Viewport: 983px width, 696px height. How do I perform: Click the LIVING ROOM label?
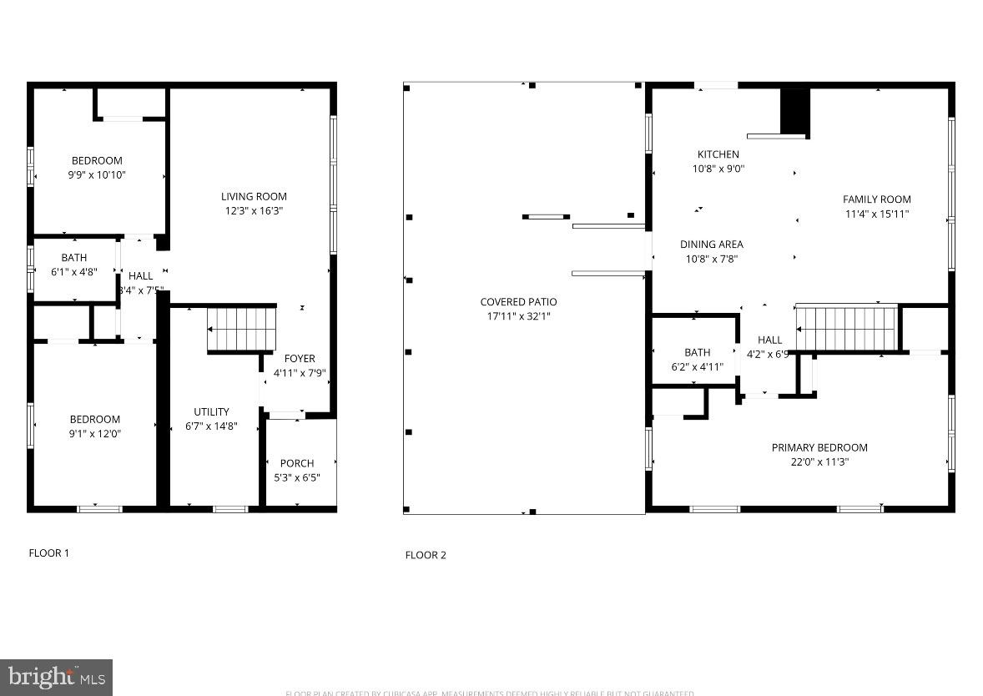pos(254,197)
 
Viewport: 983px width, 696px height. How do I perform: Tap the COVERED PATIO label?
pos(518,302)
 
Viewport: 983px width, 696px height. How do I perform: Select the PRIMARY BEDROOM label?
pos(819,447)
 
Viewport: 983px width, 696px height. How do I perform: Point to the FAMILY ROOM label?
pos(876,199)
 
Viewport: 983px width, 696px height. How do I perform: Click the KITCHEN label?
pos(718,154)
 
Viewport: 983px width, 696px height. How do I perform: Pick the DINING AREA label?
pos(711,245)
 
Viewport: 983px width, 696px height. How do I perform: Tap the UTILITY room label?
pos(211,412)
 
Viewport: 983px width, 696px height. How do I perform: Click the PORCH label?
pos(297,463)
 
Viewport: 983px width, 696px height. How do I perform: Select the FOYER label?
pos(300,359)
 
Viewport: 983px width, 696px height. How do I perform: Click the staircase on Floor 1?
pos(240,329)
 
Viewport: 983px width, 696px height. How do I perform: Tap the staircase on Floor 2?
pos(846,329)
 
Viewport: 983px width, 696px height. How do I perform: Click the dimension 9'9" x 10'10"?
pos(97,175)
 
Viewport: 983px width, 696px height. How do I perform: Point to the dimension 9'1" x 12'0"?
pos(94,433)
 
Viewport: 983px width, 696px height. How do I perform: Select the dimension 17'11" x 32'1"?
pos(518,316)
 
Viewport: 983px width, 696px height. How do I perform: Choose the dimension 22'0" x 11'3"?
pos(819,461)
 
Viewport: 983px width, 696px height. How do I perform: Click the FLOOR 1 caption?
pos(49,552)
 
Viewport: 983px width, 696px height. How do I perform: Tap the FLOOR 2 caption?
pos(426,555)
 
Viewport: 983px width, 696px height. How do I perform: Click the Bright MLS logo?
pos(56,677)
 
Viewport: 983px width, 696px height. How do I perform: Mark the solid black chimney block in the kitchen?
pos(794,110)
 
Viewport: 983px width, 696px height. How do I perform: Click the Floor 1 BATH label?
pos(73,258)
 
